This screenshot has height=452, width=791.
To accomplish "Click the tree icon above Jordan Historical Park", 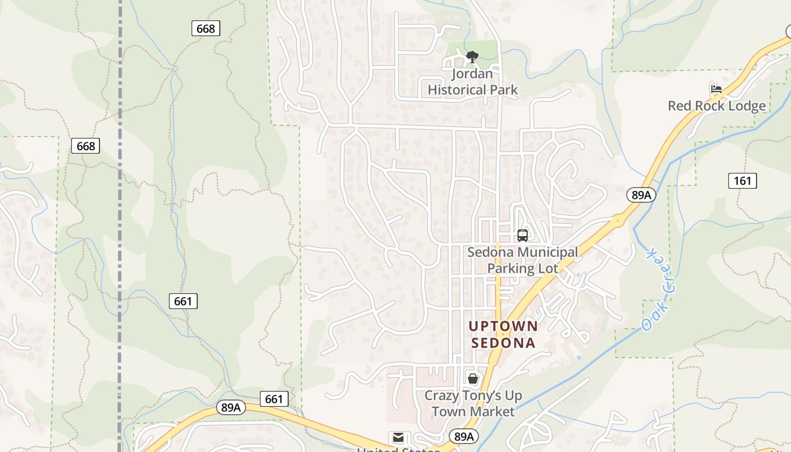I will [x=472, y=56].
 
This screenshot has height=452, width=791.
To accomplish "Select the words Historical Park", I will [x=472, y=89].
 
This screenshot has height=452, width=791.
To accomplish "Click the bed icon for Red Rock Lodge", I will [x=716, y=89].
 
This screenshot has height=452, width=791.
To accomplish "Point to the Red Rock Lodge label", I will [x=716, y=106].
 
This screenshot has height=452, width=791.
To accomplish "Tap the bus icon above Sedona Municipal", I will [x=523, y=235].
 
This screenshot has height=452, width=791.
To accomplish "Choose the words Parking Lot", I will [x=523, y=268].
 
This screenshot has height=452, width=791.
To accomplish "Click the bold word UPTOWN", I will [x=503, y=326].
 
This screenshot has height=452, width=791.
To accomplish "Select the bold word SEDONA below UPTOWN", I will [x=503, y=342].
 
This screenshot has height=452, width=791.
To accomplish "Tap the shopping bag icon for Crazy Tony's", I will [x=473, y=379].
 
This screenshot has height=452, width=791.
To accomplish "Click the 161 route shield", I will [x=742, y=180].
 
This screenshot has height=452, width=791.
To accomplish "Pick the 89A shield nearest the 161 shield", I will [x=641, y=195].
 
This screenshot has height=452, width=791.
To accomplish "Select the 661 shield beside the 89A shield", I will [x=274, y=399].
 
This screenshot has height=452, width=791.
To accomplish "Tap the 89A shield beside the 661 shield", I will [x=231, y=407].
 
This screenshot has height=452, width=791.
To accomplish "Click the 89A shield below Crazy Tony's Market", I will [x=463, y=436].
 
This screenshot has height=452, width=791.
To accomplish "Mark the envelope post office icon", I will [x=398, y=437].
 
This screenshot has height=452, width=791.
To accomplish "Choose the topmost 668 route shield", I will [x=205, y=28].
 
